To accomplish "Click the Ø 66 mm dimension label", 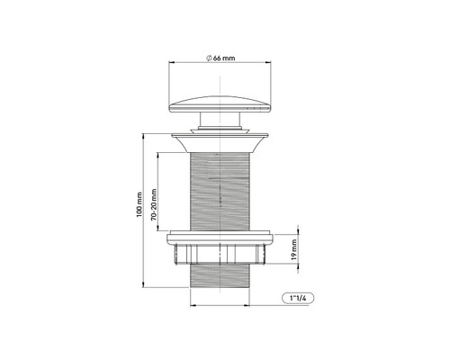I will tap(220, 58).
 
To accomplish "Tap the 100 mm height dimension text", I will tap(139, 212).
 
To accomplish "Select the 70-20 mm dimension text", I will tap(156, 205).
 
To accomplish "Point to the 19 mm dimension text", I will tap(295, 247).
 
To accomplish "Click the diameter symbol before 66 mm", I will tap(209, 58).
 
